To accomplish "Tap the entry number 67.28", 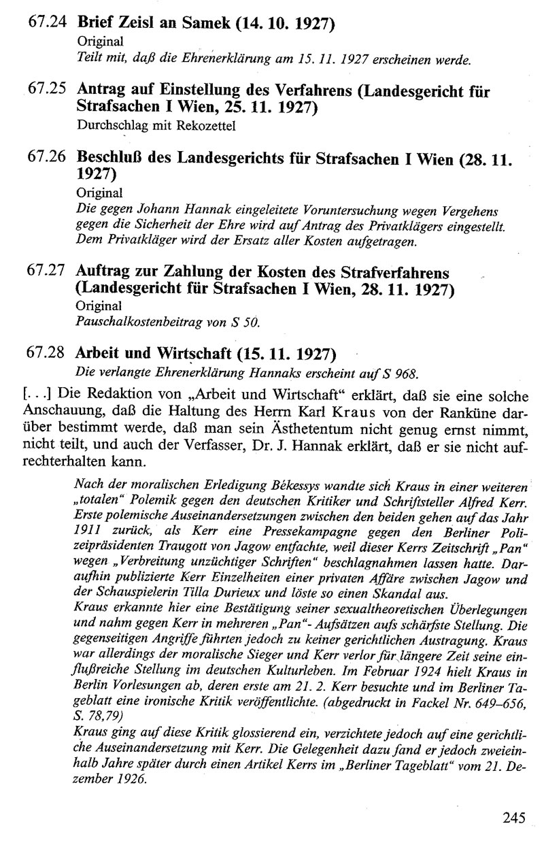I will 47,354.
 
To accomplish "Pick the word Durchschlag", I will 108,126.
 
